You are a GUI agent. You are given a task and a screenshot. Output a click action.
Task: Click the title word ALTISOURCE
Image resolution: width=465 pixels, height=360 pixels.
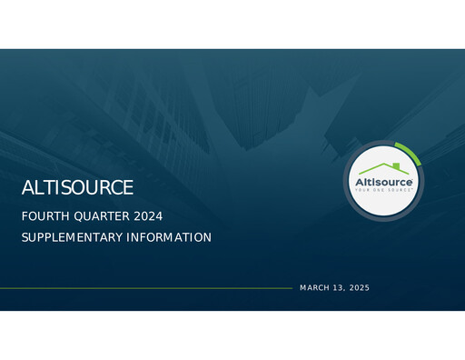tap(77, 188)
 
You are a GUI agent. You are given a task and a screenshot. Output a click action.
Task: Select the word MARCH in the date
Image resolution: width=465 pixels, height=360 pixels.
tap(314, 288)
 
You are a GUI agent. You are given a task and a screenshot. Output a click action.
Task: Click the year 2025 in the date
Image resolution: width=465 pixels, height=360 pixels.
tap(360, 288)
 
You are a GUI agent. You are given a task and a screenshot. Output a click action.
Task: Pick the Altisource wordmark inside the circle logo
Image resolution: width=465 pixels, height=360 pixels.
tap(385, 183)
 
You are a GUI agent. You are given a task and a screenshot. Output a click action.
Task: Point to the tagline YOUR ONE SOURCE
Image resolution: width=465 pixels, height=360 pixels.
tap(385, 192)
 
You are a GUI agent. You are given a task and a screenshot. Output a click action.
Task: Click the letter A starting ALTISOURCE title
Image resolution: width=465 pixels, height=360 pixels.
tap(27, 188)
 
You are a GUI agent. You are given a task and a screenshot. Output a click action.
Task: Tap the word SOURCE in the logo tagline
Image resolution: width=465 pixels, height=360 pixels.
tap(401, 192)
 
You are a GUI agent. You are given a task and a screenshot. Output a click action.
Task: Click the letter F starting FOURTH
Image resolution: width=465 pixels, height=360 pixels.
tap(25, 216)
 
